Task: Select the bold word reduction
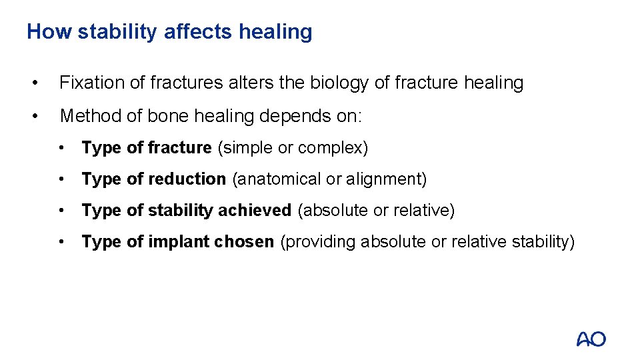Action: pos(188,179)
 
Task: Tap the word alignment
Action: pos(383,179)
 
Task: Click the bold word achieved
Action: pos(255,211)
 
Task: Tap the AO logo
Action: pos(591,339)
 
